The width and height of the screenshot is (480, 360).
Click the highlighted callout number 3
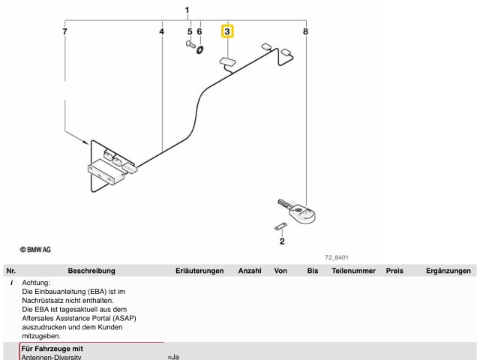(227, 31)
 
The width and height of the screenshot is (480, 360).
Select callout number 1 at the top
(187, 9)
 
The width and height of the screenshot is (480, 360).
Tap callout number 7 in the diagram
(65, 31)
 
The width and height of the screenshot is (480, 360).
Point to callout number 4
(162, 31)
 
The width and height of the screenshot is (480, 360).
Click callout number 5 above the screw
(190, 31)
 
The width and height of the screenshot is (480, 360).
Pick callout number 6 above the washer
(199, 31)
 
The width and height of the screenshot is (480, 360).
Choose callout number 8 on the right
(305, 31)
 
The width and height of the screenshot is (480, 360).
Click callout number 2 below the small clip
(282, 241)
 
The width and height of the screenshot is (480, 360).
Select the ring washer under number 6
(201, 49)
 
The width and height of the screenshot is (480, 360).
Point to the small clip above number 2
(280, 226)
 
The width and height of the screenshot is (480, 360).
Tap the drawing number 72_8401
(336, 256)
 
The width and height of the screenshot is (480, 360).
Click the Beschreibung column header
(92, 271)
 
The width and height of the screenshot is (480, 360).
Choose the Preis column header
(394, 271)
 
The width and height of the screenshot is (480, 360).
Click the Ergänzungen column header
(448, 271)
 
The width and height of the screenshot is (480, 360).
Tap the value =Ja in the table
(174, 357)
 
